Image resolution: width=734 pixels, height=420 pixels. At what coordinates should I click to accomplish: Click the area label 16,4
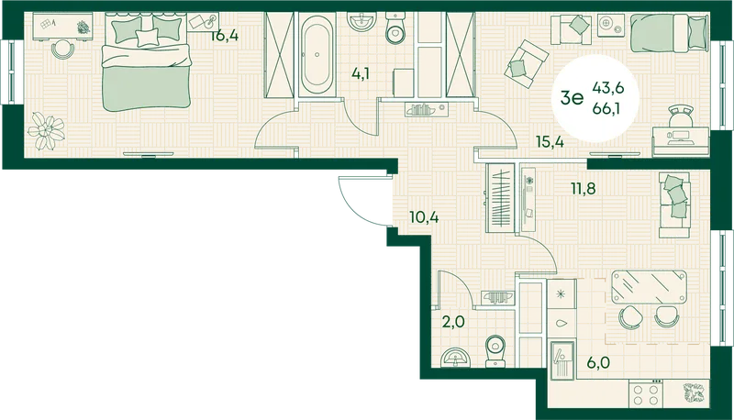224,36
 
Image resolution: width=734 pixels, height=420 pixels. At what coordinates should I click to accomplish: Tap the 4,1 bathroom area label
361,74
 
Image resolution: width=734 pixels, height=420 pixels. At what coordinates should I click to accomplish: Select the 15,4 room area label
550,141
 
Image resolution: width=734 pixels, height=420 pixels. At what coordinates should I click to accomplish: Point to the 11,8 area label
584,188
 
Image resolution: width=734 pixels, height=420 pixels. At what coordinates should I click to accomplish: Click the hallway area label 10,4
424,217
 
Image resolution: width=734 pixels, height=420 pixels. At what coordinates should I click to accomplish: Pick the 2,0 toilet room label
453,322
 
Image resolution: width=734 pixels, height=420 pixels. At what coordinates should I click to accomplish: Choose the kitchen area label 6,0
599,362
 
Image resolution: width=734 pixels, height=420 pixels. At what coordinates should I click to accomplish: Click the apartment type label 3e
572,98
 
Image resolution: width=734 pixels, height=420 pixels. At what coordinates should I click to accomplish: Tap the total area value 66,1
608,108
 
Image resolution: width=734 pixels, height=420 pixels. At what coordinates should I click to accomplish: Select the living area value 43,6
608,87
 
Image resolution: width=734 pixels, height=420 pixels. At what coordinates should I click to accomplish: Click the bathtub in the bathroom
317,55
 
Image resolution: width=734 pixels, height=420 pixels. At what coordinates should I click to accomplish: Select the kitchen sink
562,359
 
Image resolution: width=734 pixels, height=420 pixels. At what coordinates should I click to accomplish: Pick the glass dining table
649,287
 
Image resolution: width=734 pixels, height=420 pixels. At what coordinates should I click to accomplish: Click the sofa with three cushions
674,205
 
